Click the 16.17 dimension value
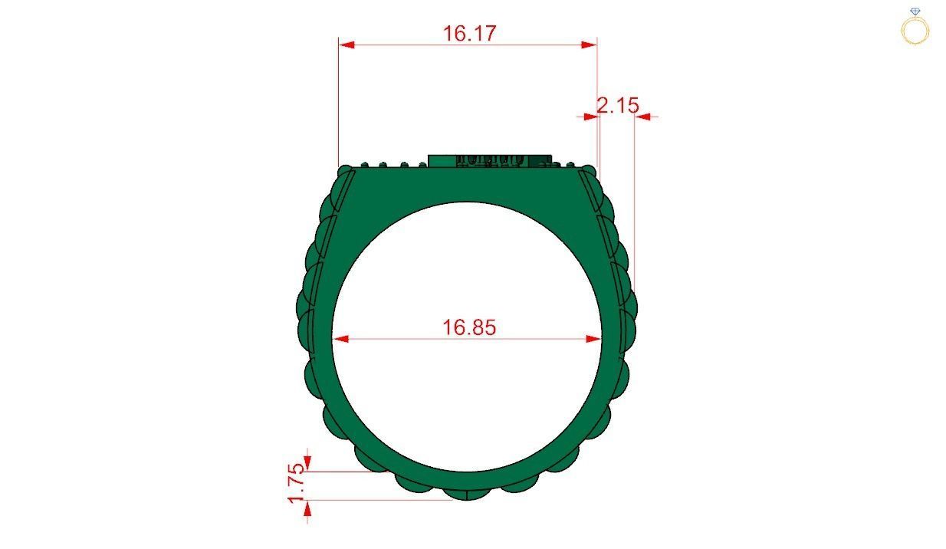[x=469, y=34]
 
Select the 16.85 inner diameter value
[x=469, y=327]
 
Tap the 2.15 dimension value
[x=617, y=105]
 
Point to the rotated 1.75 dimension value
[x=296, y=483]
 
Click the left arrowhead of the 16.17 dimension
[x=347, y=44]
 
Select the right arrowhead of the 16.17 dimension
[x=589, y=44]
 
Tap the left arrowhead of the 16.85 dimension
[x=341, y=339]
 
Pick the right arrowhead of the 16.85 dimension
[x=593, y=339]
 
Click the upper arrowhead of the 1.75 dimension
[x=307, y=463]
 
